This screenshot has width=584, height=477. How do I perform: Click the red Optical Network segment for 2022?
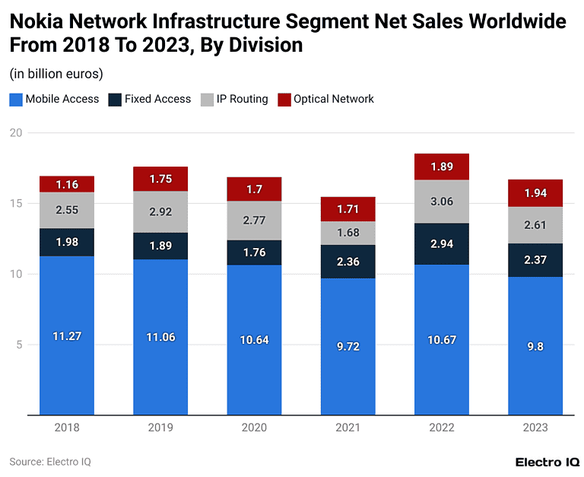(442, 167)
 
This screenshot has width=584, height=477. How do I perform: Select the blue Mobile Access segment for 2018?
(67, 335)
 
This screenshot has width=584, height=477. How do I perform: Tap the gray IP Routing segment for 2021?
(348, 233)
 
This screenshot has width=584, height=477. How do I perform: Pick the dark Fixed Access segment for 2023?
(535, 260)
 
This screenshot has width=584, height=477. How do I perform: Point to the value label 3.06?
(442, 202)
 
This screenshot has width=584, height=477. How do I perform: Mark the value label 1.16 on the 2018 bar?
(67, 184)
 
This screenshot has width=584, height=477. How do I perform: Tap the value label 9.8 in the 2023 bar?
(535, 346)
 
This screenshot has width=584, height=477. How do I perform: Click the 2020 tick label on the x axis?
(254, 428)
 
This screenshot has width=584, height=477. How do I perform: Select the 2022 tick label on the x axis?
(442, 428)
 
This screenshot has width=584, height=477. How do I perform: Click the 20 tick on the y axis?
(15, 133)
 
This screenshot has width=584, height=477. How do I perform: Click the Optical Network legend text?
(334, 99)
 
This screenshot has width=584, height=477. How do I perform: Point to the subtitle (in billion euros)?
(56, 74)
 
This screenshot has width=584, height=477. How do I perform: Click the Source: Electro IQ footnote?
(50, 461)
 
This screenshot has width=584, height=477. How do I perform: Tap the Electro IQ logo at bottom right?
(547, 462)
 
